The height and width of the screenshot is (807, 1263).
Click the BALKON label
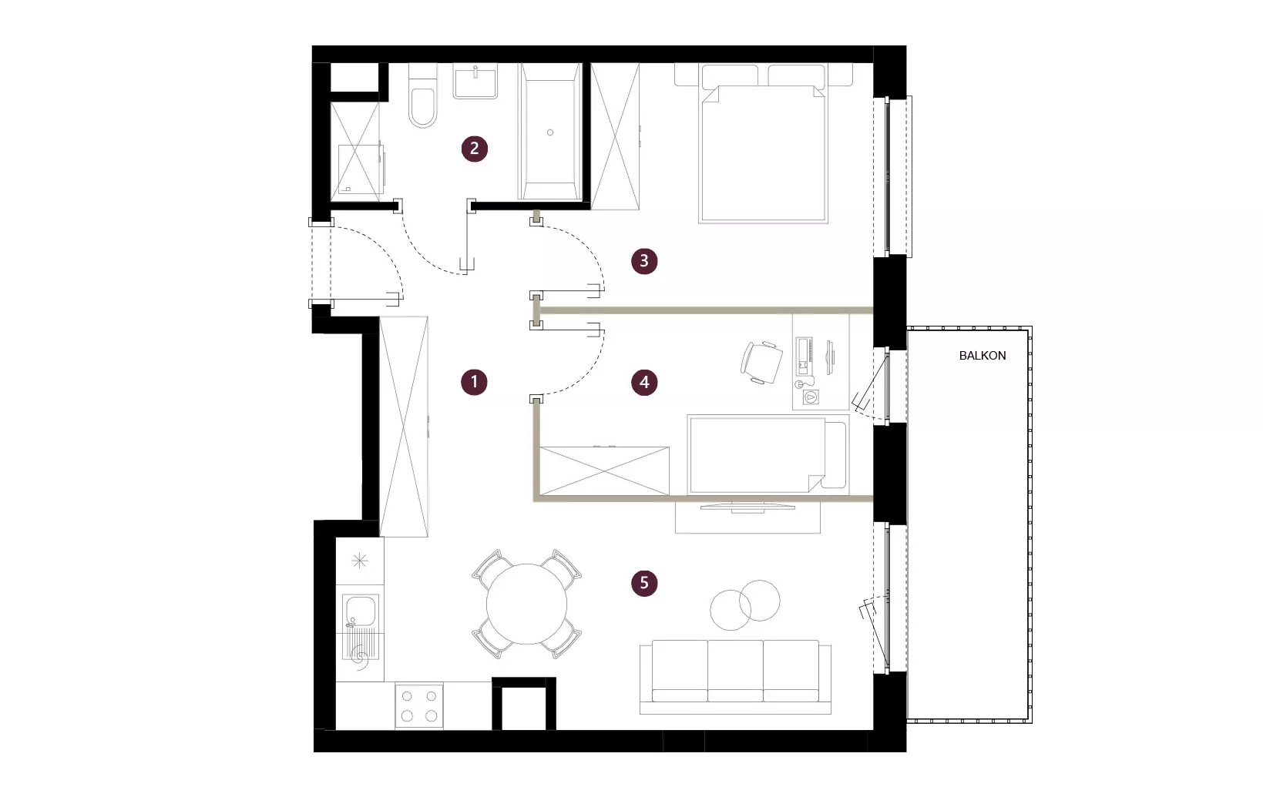coord(983,356)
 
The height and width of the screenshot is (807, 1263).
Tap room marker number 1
coord(474,382)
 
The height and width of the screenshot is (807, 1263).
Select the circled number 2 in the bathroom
coord(474,149)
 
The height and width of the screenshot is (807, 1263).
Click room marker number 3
coord(644,261)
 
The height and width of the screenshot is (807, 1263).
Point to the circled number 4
coord(644,383)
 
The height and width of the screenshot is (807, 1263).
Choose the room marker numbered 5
coord(644,583)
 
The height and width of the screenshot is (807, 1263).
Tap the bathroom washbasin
coord(475,82)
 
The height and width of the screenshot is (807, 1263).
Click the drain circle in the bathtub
coord(550,132)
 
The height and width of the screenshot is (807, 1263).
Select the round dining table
coord(526,604)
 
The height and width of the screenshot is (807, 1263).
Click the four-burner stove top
coord(419,705)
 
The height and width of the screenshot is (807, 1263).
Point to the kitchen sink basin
coord(361,611)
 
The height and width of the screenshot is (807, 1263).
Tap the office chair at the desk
coord(761,363)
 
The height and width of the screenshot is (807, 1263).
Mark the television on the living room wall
coord(747,507)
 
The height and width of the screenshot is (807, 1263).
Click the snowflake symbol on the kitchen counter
coord(360,561)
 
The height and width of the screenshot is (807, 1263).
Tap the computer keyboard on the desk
coord(804,357)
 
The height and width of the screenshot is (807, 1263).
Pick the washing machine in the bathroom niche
coord(361,169)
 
